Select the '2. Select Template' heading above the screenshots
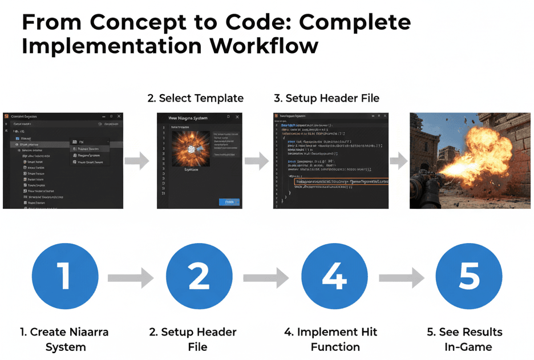pos(195,98)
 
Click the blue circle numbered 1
pos(65,277)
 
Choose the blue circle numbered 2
pos(199,277)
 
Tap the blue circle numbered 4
pos(334,277)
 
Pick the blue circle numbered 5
pos(469,277)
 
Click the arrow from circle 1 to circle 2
pos(131,278)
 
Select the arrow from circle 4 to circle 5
pos(402,278)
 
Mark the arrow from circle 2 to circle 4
pos(266,278)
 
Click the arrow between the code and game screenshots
pos(400,161)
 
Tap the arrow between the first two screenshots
pos(137,161)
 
